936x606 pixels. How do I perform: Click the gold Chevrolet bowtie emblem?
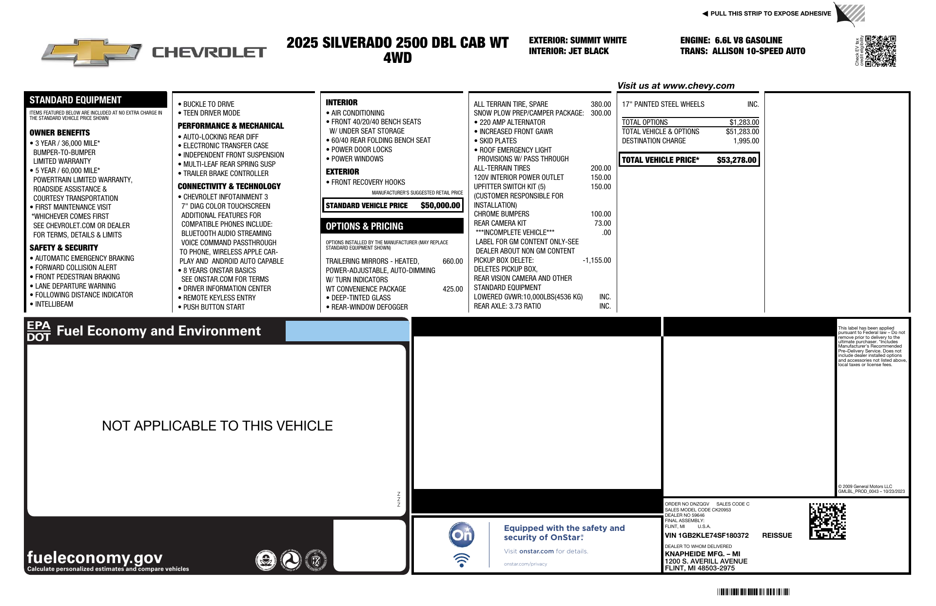(x=92, y=52)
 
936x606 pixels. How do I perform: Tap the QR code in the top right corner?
(x=880, y=51)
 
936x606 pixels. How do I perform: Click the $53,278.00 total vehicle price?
(x=736, y=160)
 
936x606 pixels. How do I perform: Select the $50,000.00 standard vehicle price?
(x=440, y=205)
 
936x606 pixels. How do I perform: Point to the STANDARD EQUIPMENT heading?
(x=76, y=100)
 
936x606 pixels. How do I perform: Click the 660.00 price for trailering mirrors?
(x=452, y=261)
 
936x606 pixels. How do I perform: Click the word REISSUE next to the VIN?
(x=777, y=535)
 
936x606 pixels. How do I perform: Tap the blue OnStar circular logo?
(x=461, y=535)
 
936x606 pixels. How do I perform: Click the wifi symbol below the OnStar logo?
(x=461, y=560)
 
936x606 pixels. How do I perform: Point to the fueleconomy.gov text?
(x=95, y=557)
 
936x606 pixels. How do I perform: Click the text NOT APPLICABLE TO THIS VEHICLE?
(x=217, y=426)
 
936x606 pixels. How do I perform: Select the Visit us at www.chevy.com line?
(x=676, y=86)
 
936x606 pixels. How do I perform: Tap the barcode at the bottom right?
(x=753, y=592)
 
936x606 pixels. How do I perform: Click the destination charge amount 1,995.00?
(x=746, y=141)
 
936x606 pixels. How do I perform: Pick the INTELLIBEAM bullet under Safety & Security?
(x=54, y=304)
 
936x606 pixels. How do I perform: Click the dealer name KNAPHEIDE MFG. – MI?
(x=702, y=554)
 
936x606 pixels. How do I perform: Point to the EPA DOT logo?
(x=39, y=331)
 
